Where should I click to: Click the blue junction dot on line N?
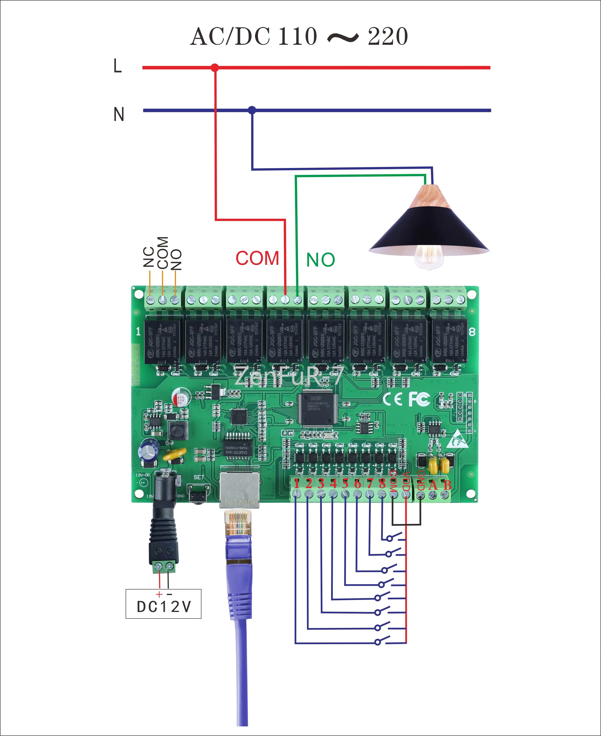(252, 110)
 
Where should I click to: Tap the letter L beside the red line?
(118, 66)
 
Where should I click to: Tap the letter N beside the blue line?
(119, 114)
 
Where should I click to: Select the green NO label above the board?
(321, 260)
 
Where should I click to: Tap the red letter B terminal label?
(447, 485)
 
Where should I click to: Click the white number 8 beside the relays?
(472, 332)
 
